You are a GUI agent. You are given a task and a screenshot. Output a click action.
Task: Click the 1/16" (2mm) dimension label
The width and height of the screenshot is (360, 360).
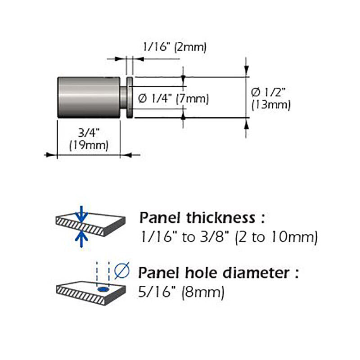[x=175, y=47]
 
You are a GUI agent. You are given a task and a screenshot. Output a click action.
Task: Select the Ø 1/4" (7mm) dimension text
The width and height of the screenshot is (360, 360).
[x=174, y=99]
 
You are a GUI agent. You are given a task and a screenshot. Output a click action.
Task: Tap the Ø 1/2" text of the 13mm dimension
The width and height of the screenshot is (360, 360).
[x=268, y=92]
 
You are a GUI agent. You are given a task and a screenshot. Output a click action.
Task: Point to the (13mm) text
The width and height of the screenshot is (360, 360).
[x=271, y=105]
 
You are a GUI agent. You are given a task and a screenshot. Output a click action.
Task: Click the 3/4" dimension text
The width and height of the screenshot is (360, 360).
[x=89, y=133]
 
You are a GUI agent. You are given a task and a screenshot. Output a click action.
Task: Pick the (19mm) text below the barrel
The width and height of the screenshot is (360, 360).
[x=89, y=145]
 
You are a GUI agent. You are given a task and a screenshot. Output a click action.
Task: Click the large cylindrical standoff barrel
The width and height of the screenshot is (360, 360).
[x=89, y=97]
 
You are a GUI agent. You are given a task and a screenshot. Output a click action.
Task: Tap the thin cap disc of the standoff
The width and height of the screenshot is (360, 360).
[x=130, y=98]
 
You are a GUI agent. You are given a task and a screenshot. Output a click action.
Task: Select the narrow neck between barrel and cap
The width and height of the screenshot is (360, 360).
[x=123, y=98]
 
